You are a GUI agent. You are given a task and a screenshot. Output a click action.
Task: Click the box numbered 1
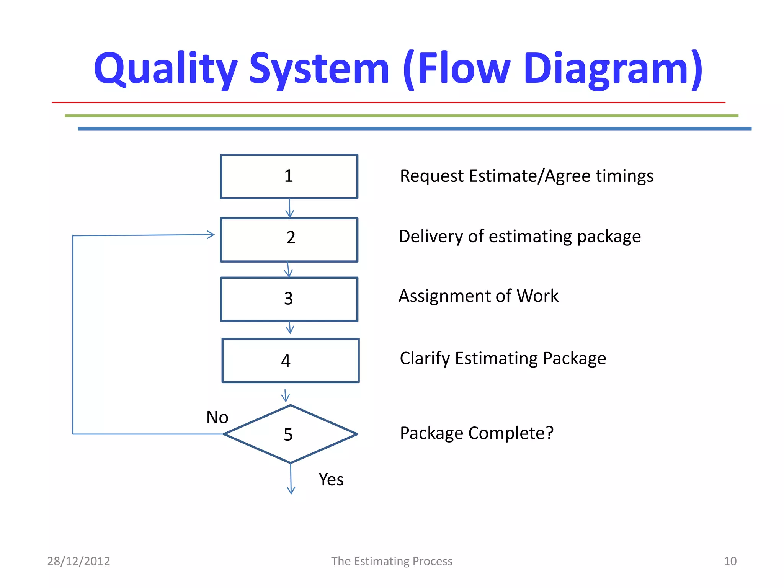(x=289, y=176)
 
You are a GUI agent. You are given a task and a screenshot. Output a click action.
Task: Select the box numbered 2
(x=289, y=240)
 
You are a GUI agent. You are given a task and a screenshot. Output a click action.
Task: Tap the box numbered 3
(x=289, y=299)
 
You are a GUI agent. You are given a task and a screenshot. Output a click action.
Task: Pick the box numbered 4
(x=290, y=360)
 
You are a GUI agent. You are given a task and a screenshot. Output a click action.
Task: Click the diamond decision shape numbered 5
(x=290, y=434)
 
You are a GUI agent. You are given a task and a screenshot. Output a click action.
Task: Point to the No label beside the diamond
(x=217, y=417)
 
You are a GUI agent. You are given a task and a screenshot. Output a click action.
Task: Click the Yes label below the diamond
(x=331, y=479)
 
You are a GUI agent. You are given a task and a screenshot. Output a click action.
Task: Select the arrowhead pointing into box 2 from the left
(x=211, y=234)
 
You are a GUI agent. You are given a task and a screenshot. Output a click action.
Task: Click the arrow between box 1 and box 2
(x=289, y=208)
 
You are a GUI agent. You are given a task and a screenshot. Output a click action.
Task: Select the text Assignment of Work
(x=478, y=296)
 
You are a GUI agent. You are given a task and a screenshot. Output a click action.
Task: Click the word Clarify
(x=425, y=359)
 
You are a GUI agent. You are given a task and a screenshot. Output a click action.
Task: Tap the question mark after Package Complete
(x=549, y=433)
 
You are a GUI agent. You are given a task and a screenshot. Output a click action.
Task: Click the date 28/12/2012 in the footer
(x=78, y=561)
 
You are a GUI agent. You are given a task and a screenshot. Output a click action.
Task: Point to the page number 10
(x=730, y=561)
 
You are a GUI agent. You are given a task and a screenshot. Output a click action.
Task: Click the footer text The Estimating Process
(x=391, y=561)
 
